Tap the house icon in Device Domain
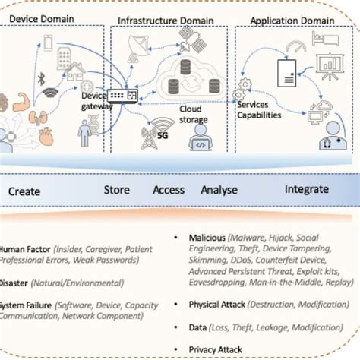(x=77, y=74)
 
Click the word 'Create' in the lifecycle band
(x=24, y=191)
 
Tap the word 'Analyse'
(x=219, y=190)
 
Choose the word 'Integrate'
(x=307, y=189)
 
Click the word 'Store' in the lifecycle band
(x=116, y=190)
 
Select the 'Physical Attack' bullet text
(x=220, y=305)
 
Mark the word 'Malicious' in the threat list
(x=208, y=237)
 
